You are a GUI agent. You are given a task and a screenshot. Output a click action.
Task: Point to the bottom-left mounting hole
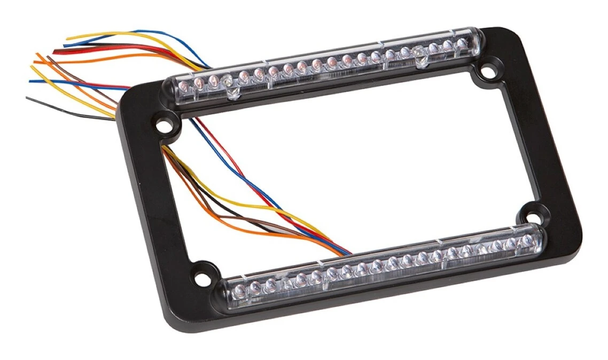[201, 278]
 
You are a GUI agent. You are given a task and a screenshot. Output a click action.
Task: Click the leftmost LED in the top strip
[184, 84]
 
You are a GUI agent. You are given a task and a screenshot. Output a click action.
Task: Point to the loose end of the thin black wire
[27, 97]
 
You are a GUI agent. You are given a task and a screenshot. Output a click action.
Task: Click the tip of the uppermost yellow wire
[66, 39]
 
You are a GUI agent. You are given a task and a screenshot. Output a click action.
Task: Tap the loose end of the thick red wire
[53, 52]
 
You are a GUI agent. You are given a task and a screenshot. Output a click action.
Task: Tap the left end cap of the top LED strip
[170, 85]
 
